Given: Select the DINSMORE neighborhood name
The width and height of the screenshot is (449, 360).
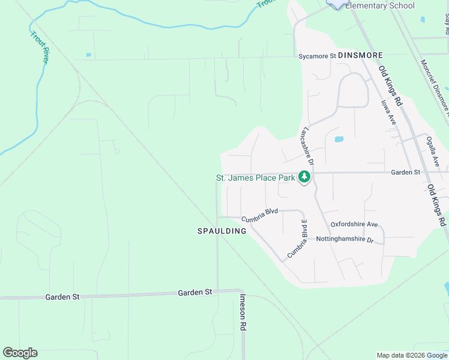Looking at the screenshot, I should (360, 55).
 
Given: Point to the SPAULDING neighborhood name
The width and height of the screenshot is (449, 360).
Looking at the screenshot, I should (222, 231).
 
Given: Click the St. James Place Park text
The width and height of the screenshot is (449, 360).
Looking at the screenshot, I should (256, 178).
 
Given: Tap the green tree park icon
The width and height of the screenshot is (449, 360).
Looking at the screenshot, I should (305, 177).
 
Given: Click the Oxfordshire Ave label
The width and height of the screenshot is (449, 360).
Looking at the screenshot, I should (354, 224).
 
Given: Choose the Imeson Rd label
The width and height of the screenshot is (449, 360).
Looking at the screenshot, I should (243, 312).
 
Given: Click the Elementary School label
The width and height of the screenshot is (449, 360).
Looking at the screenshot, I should (379, 6).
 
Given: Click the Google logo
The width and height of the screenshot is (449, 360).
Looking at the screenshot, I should (20, 353).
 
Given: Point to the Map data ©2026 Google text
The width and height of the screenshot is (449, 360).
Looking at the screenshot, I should (412, 355).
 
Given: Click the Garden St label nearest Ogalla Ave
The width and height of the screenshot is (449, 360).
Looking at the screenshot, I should (405, 172).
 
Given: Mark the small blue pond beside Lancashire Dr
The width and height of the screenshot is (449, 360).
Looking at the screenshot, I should (339, 139).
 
